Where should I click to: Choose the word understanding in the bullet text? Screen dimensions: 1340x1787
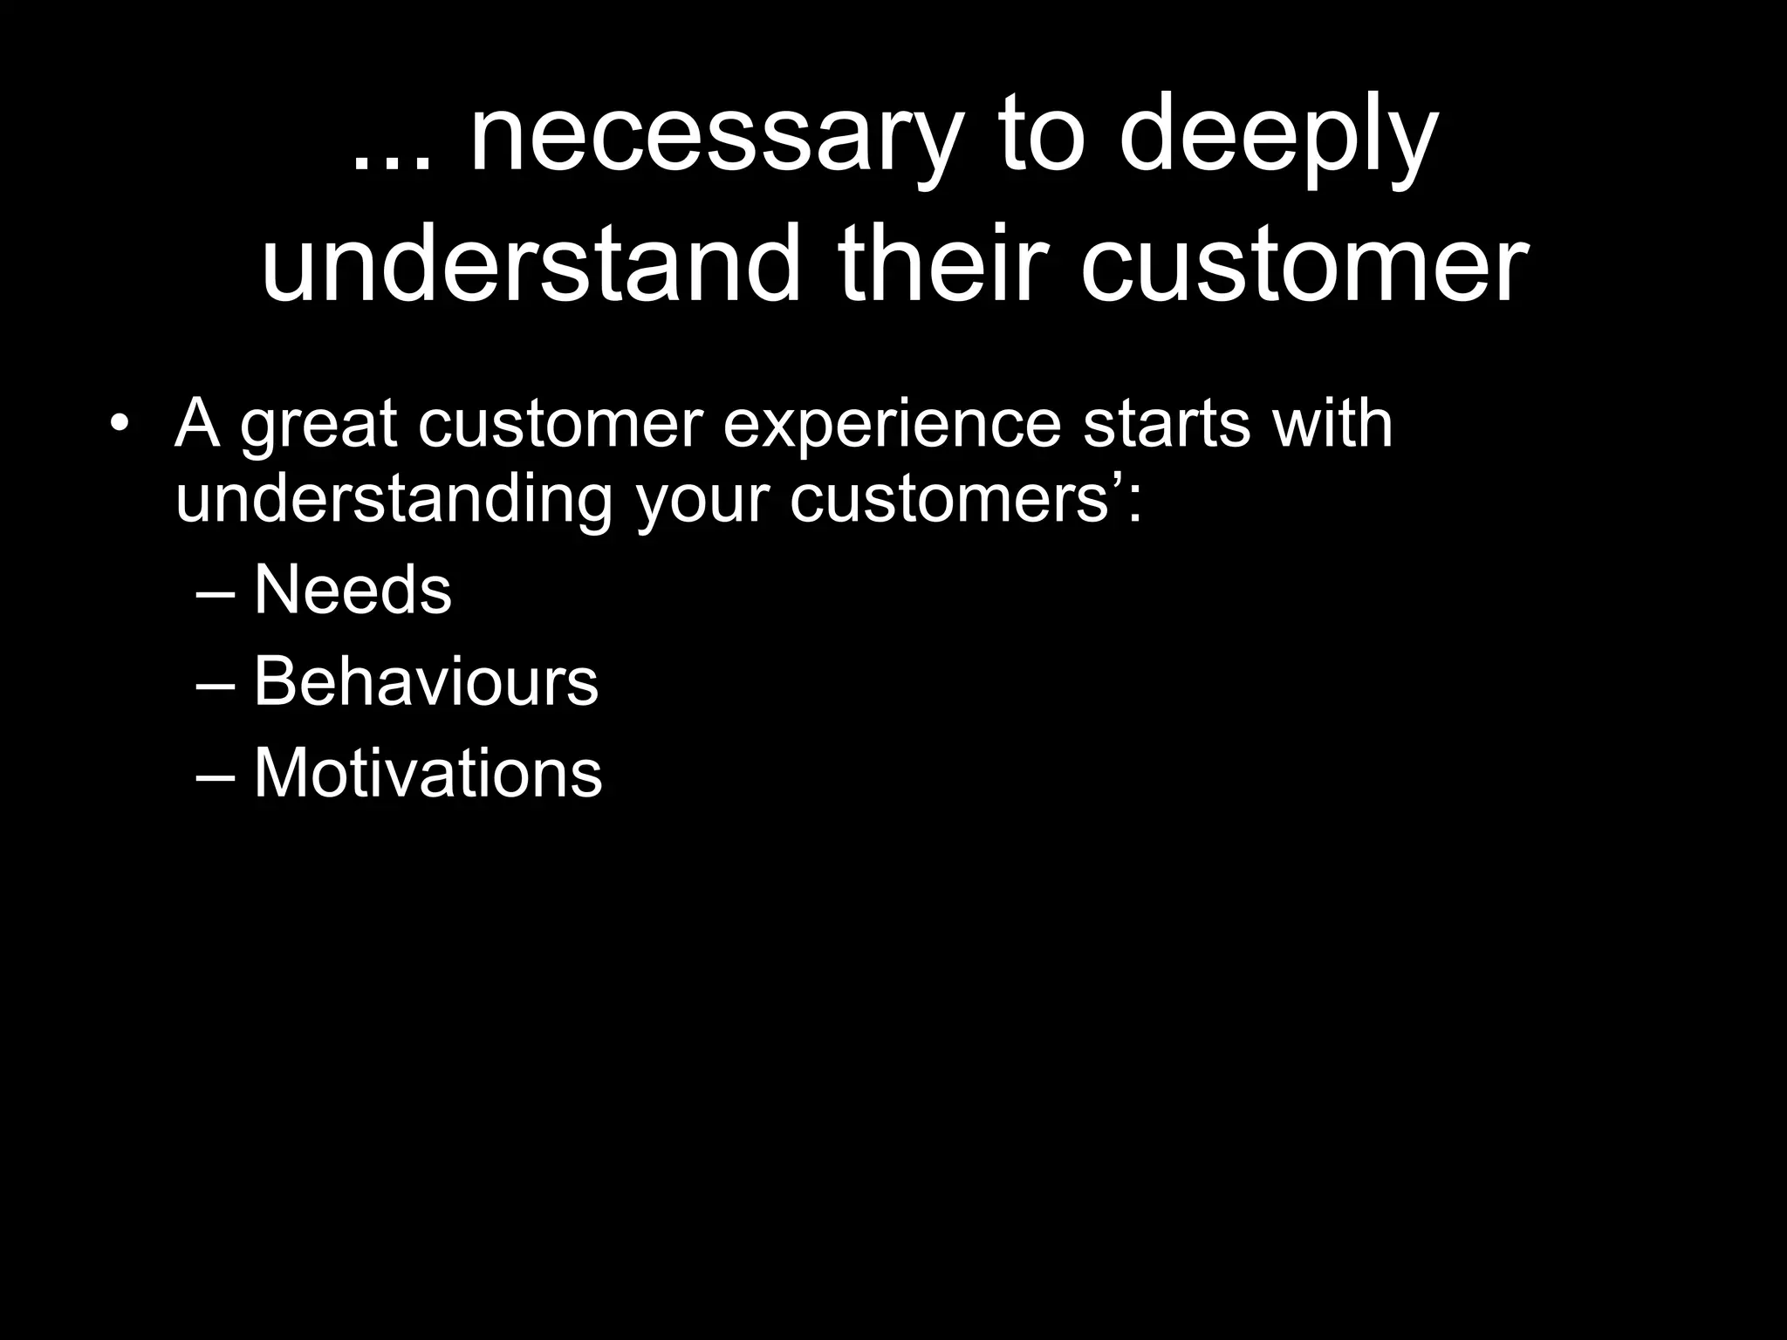click(x=394, y=502)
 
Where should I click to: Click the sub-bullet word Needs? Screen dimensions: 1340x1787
click(x=353, y=590)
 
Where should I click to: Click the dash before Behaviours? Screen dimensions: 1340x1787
click(x=216, y=686)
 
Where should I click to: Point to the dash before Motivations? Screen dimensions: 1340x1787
click(x=216, y=777)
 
